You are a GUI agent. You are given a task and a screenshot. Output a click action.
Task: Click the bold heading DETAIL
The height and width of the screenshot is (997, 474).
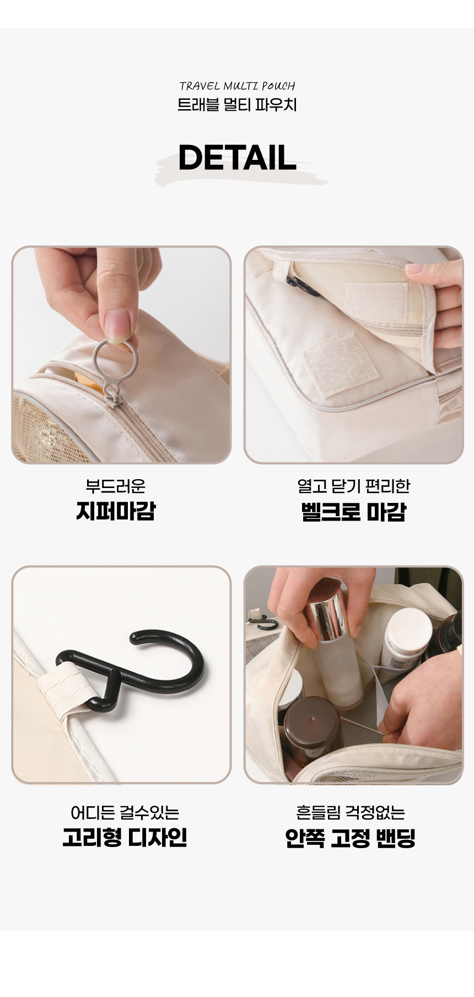[x=237, y=158]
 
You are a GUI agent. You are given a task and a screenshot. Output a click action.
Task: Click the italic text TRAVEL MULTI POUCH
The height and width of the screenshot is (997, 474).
[x=237, y=86]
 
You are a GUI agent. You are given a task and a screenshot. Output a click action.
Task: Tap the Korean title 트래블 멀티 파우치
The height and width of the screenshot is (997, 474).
[x=237, y=104]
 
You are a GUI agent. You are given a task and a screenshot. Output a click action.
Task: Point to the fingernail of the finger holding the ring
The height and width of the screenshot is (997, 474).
[x=118, y=325]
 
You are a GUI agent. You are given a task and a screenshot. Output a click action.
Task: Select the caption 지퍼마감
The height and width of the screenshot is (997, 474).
[x=116, y=511]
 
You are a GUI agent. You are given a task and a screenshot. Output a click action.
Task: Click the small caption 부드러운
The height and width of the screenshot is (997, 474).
[x=116, y=486]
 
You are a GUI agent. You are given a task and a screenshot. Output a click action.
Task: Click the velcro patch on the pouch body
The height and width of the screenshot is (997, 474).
[x=341, y=364]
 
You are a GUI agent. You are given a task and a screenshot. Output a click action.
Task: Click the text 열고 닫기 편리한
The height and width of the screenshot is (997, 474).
[x=353, y=486]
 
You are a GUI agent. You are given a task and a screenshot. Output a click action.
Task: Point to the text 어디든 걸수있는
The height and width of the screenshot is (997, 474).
[x=125, y=812]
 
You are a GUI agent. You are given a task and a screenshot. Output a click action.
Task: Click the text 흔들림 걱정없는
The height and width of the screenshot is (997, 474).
[x=351, y=812]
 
